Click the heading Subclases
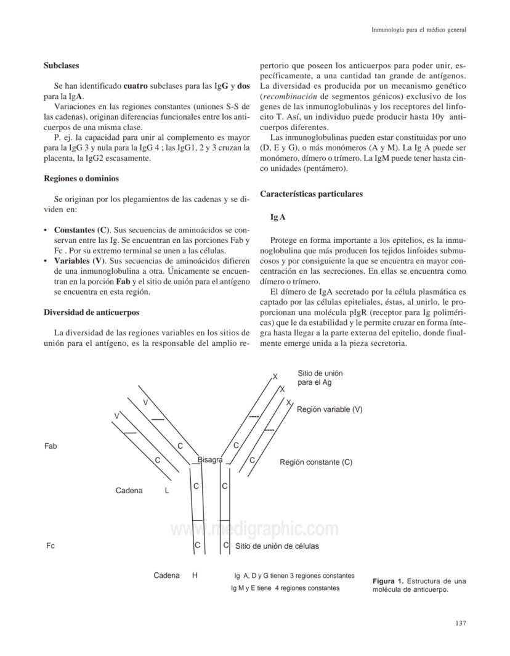coord(61,65)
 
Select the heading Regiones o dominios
coord(81,179)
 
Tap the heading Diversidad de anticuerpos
coord(91,312)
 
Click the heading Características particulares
coord(311,194)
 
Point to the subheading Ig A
coord(278,217)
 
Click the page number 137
coord(460,623)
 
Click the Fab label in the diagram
coord(51,446)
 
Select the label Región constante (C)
coord(316,462)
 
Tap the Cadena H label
coord(175,575)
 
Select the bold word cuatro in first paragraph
coord(135,86)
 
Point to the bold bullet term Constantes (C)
coord(80,229)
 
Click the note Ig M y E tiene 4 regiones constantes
coord(285,588)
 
